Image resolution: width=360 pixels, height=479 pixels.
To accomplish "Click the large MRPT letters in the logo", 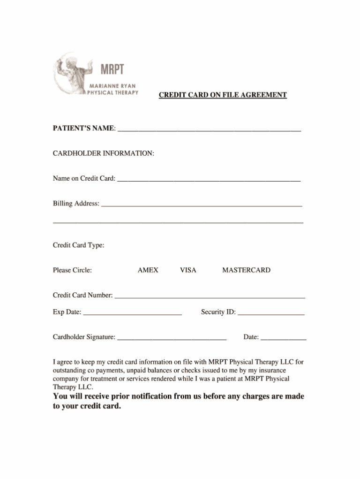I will point(113,70).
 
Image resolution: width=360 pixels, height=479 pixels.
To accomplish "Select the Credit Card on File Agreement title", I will point(223,95).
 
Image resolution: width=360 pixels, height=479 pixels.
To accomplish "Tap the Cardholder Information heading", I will point(104,153).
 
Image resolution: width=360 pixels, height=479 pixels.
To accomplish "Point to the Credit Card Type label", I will point(78,245).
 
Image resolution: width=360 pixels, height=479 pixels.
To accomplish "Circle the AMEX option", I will point(148,270).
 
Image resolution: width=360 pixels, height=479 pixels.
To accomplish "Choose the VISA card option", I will point(188,270).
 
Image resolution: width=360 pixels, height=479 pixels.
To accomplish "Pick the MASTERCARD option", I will point(246,270).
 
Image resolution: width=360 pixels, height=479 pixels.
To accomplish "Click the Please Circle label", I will point(72,270).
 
